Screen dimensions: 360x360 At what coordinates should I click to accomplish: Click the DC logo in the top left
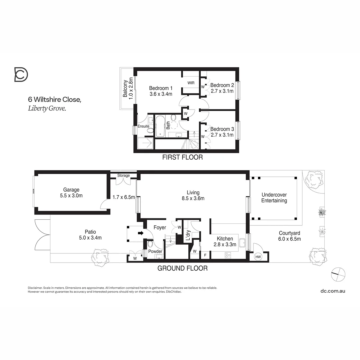[x=21, y=74]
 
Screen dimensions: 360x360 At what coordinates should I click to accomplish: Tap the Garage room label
[x=71, y=193]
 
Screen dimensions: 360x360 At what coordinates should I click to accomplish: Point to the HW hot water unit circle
[x=258, y=257]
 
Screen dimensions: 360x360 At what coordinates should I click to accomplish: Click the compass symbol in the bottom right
[x=338, y=274]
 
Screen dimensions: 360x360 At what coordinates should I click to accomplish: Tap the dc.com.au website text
[x=332, y=291]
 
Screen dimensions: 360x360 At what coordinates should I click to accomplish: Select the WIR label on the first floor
[x=191, y=83]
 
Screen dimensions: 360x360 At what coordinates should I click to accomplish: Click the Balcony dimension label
[x=128, y=88]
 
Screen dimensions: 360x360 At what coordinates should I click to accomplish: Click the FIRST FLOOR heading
[x=182, y=157]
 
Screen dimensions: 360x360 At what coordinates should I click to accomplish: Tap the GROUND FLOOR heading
[x=182, y=268]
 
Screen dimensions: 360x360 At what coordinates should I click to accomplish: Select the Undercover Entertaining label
[x=274, y=198]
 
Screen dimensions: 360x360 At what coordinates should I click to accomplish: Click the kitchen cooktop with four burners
[x=228, y=255]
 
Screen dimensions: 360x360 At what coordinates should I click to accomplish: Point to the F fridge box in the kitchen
[x=205, y=256]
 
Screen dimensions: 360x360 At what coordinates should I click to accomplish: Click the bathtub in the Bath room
[x=161, y=126]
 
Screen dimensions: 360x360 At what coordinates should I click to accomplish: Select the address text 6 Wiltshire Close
[x=54, y=99]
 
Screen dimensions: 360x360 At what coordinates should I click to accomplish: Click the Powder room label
[x=155, y=251]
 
